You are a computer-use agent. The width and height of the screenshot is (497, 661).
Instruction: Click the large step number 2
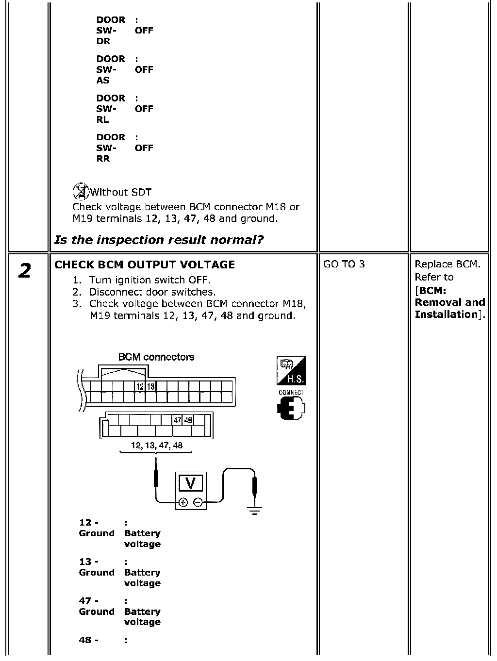(25, 270)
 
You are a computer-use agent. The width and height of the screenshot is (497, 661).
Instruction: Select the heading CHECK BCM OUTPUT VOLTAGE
(145, 264)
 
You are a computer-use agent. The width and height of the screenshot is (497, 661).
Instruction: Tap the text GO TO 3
(344, 264)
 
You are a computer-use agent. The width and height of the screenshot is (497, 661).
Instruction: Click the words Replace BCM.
(447, 264)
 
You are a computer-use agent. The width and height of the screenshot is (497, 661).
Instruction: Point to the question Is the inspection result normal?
(159, 240)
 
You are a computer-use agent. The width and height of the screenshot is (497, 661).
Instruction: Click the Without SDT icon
(81, 191)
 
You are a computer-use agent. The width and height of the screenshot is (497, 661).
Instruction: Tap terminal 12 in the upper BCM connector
(140, 386)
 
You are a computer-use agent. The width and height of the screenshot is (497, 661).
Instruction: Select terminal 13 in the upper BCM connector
(151, 386)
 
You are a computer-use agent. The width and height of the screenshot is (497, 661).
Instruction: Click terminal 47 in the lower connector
(177, 420)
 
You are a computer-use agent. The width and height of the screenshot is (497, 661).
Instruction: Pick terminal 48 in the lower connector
(188, 420)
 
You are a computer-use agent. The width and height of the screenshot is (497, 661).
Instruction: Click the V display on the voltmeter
(191, 483)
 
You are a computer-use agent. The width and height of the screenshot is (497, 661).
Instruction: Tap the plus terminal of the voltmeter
(183, 502)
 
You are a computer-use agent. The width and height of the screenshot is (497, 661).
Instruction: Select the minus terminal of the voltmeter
(198, 502)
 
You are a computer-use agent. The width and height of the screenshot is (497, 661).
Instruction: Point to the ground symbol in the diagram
(254, 511)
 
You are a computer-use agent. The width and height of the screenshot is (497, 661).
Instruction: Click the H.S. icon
(291, 370)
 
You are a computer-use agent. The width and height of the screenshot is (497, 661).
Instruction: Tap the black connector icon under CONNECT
(291, 408)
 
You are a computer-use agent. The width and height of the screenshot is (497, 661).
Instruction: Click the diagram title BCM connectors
(156, 357)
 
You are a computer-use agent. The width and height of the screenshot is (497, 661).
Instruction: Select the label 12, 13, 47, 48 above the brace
(157, 446)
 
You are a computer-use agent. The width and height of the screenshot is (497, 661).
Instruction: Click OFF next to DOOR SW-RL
(144, 109)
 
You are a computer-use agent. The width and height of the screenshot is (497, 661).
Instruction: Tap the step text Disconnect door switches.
(152, 292)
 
